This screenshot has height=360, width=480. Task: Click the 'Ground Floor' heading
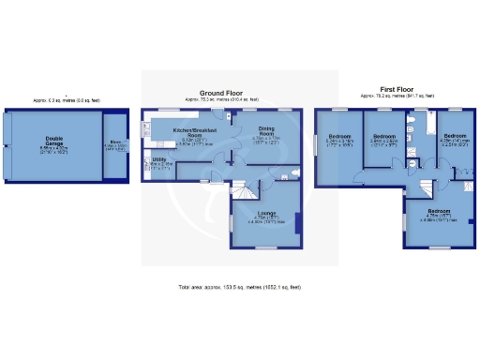click(x=223, y=93)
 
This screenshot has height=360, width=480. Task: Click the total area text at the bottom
click(x=239, y=286)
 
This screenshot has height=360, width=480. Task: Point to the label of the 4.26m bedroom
click(x=457, y=138)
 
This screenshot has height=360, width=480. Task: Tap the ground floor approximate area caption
click(x=223, y=98)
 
